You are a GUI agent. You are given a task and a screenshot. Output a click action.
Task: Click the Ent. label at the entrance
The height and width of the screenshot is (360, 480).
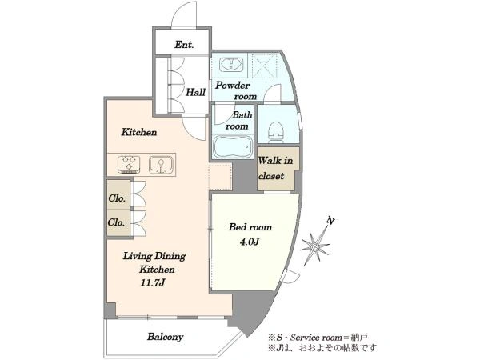tap(184, 45)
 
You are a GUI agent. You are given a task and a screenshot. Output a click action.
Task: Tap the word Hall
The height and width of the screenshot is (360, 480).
tap(196, 92)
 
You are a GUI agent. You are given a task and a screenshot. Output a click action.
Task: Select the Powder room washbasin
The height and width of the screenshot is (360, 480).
tap(231, 64)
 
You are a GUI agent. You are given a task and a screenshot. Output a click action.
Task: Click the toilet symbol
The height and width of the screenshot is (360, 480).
tap(277, 132)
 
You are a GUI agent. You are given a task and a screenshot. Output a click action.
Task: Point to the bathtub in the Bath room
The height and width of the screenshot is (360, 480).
tap(233, 146)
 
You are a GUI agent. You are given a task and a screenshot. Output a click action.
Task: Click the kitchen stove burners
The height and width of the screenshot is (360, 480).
tap(129, 164)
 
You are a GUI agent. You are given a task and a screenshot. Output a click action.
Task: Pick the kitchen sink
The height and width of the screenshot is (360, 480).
tap(161, 164)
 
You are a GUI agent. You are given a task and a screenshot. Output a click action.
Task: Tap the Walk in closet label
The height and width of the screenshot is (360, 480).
tap(275, 168)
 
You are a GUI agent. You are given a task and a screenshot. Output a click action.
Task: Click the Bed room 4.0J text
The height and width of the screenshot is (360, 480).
tap(250, 234)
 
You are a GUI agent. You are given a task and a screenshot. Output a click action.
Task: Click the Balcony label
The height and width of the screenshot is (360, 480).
tap(166, 337)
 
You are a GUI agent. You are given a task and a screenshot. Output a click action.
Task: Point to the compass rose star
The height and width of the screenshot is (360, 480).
tap(315, 246)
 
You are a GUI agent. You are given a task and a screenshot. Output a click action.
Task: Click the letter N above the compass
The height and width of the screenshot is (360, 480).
tap(330, 221)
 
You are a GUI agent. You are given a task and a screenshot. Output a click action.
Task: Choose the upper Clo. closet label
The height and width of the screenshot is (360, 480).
tap(117, 198)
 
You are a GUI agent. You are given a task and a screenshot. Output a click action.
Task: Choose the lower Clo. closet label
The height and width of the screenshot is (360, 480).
tap(116, 222)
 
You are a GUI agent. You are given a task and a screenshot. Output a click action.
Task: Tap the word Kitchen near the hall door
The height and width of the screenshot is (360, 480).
tap(139, 132)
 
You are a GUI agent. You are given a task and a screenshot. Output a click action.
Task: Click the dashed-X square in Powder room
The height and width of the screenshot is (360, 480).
tap(265, 66)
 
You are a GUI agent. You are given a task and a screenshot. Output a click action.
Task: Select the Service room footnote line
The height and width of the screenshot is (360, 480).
tap(318, 338)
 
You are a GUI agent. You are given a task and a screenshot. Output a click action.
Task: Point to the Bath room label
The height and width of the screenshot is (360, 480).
tap(238, 120)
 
